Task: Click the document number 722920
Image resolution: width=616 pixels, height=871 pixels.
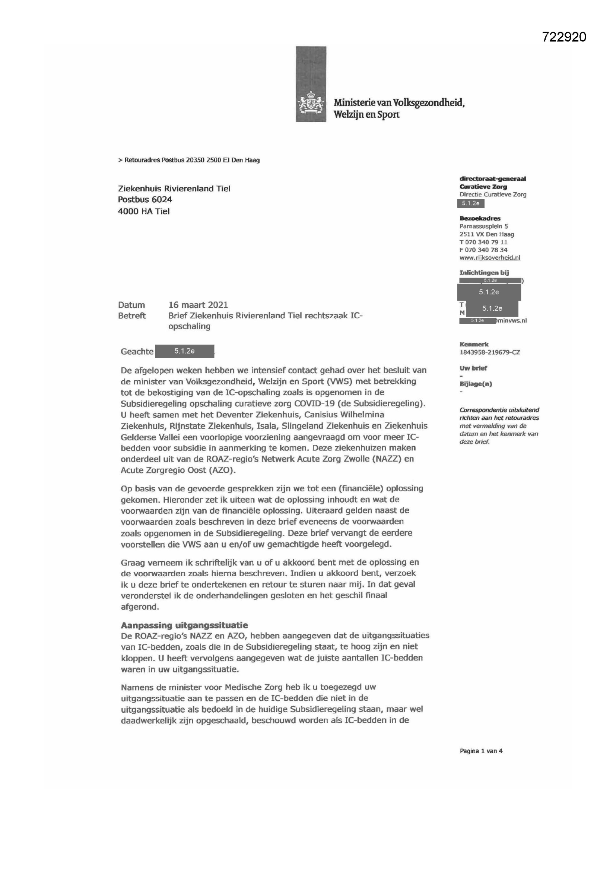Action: (x=563, y=37)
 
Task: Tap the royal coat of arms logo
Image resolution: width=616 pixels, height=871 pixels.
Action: (x=311, y=103)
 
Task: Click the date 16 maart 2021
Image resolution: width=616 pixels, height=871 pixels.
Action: (x=198, y=305)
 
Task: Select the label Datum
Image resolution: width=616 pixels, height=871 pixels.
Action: (x=131, y=305)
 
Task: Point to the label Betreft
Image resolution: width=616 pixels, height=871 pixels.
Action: (x=131, y=316)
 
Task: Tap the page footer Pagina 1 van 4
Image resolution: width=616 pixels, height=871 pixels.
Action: (x=481, y=751)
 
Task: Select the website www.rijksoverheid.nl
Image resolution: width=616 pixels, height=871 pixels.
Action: (x=490, y=257)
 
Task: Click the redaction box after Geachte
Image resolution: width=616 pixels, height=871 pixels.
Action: (x=185, y=351)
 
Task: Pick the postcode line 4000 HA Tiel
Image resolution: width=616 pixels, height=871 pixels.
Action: (x=144, y=211)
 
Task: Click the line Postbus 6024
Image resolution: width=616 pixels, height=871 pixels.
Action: (x=145, y=200)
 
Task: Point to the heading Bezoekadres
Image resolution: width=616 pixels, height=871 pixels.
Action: (x=480, y=218)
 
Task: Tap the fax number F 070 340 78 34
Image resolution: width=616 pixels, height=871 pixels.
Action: (x=483, y=250)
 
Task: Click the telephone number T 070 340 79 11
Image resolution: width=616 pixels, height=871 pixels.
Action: (x=483, y=242)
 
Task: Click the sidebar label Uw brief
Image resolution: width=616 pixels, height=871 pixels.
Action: (x=473, y=368)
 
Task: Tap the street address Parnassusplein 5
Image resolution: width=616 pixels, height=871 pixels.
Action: (x=484, y=226)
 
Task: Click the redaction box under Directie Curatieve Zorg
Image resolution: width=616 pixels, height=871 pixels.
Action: (x=471, y=203)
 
